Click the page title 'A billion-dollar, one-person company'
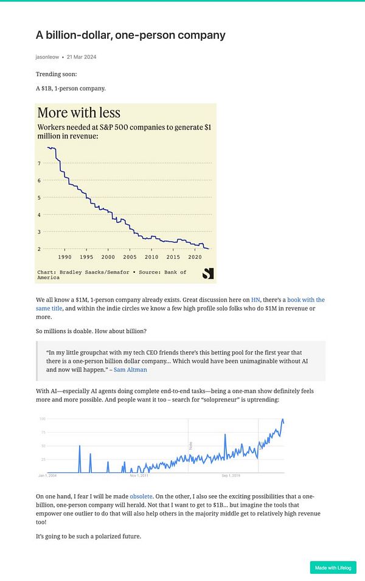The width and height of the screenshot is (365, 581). (130, 35)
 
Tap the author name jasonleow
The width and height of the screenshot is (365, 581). (47, 57)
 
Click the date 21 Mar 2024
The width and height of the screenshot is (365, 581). (81, 57)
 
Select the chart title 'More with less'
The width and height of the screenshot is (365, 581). (79, 112)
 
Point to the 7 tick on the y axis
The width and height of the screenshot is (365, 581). (39, 163)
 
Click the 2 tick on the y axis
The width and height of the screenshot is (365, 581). (39, 249)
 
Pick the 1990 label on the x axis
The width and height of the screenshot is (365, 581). (65, 257)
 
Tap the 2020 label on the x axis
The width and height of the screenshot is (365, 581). (195, 257)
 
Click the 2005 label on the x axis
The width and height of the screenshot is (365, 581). (130, 257)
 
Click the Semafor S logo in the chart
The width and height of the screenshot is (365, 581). (208, 274)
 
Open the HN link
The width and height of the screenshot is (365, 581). (255, 300)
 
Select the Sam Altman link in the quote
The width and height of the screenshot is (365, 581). (130, 369)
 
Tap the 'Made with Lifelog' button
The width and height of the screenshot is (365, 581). (333, 568)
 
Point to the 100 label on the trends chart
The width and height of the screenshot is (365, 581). (43, 419)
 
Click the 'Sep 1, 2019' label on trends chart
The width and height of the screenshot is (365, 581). (232, 475)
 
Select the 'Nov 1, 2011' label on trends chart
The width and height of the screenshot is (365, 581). (140, 475)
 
